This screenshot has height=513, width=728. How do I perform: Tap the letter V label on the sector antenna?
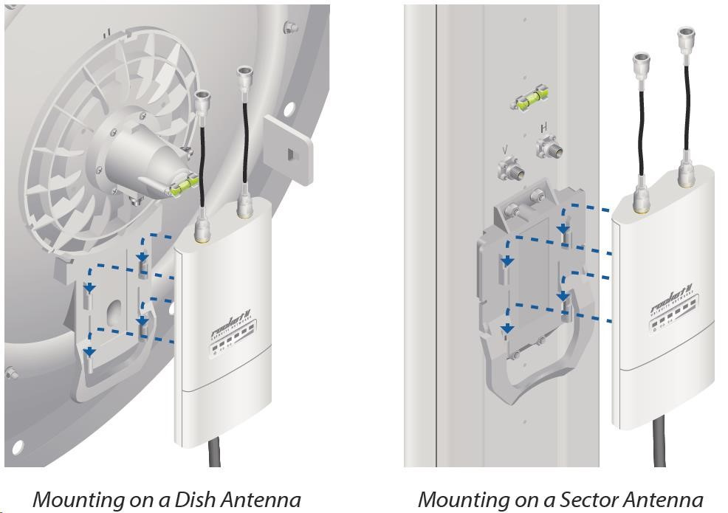pos(504,150)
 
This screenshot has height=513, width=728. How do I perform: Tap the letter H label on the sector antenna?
pos(544,128)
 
